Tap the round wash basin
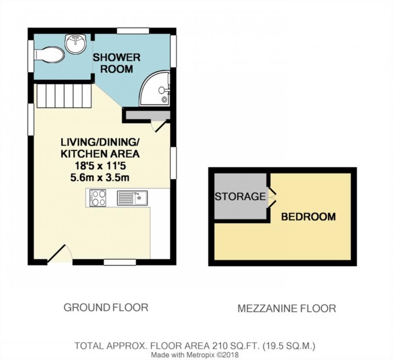pyautogui.click(x=76, y=43)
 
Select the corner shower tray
pyautogui.click(x=155, y=88)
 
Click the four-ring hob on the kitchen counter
pyautogui.click(x=98, y=198)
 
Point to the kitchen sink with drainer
pyautogui.click(x=132, y=198)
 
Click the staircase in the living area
pyautogui.click(x=64, y=96)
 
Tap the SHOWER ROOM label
pyautogui.click(x=117, y=63)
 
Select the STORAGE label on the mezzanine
pyautogui.click(x=240, y=196)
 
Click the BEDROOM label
pyautogui.click(x=308, y=217)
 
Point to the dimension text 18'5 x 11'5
pyautogui.click(x=100, y=166)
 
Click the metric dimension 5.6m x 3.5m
pyautogui.click(x=100, y=178)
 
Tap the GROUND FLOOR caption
pyautogui.click(x=106, y=307)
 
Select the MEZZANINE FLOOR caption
pyautogui.click(x=287, y=309)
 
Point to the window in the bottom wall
pyautogui.click(x=120, y=262)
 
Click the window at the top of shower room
pyautogui.click(x=133, y=30)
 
